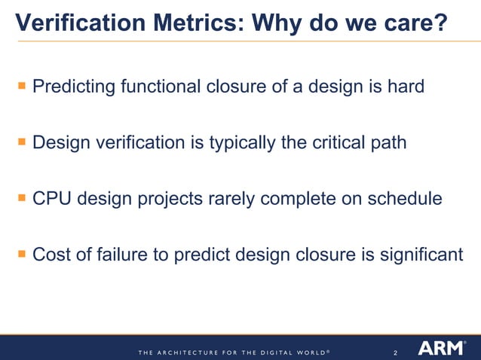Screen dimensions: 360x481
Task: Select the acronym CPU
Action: tap(51, 199)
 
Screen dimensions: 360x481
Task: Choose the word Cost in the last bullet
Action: tap(51, 255)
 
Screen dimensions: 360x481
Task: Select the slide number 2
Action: tap(396, 351)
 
